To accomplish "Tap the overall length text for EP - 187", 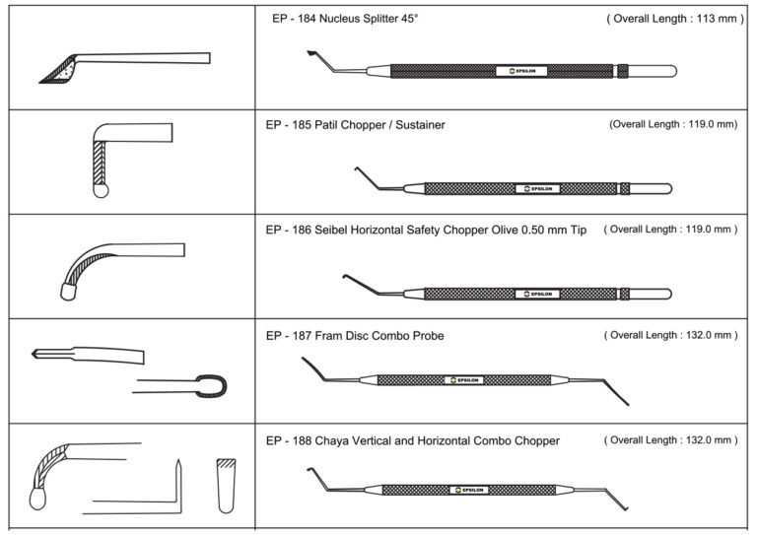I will (x=670, y=336).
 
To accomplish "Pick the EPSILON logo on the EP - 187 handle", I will (x=465, y=379).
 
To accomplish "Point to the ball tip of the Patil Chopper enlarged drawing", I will (x=100, y=191).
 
